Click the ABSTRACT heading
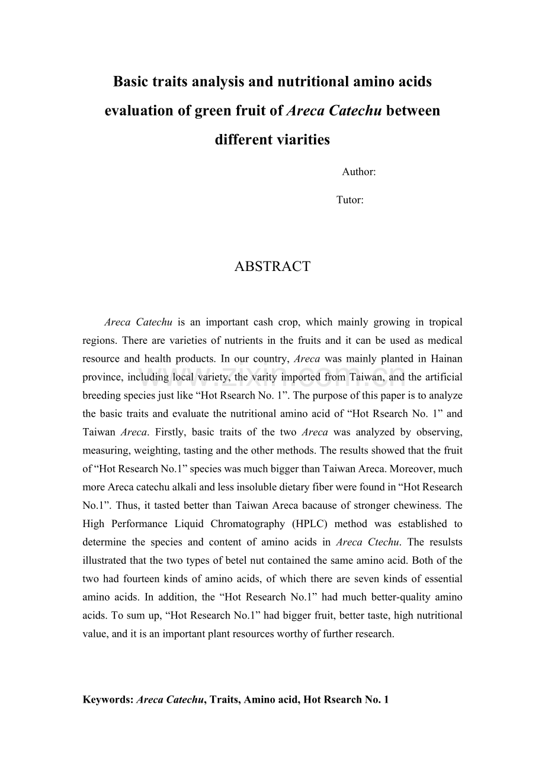pos(272,267)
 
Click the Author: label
pos(358,172)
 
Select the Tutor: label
pos(350,200)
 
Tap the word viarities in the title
pos(302,140)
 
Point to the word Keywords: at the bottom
pos(108,700)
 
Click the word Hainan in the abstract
pos(447,359)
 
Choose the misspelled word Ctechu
pos(383,543)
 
